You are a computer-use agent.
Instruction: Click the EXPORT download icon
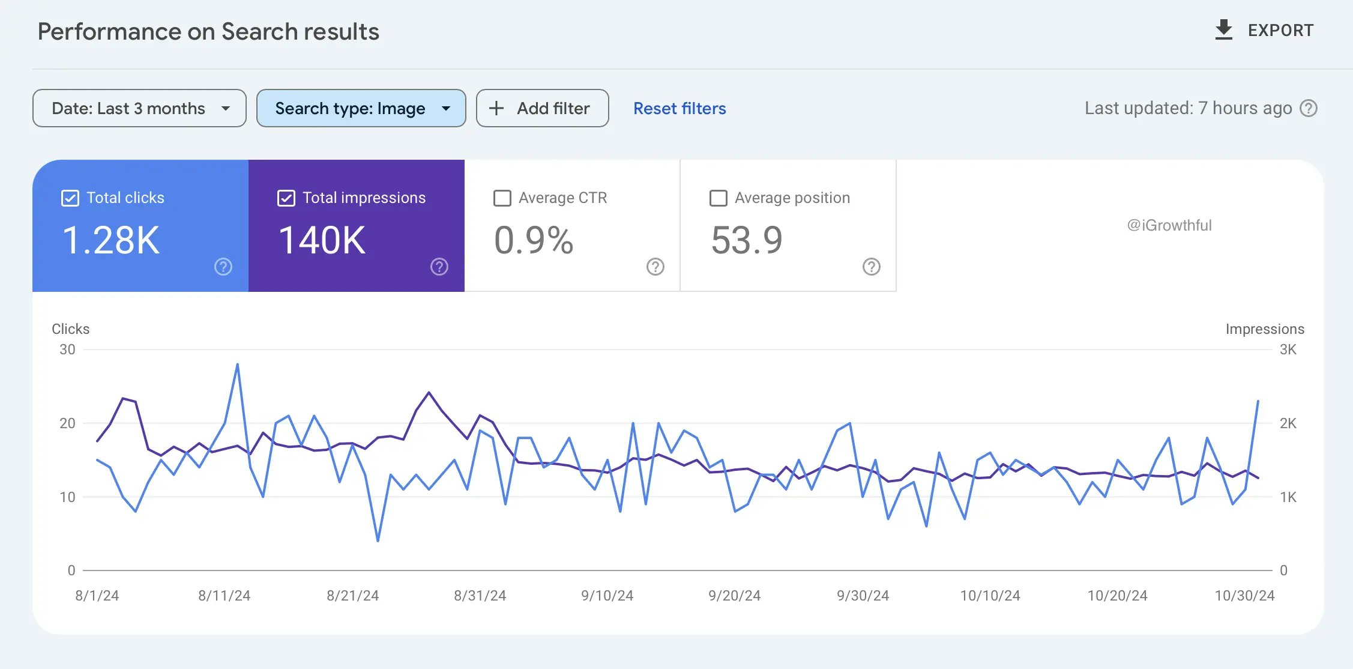coord(1223,30)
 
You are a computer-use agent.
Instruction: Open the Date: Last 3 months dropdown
coord(139,108)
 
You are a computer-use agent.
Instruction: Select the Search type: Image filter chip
coord(361,108)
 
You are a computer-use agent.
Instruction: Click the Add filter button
coord(542,108)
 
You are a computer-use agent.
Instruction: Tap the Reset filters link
coord(680,108)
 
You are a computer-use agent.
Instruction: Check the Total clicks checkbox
coord(70,198)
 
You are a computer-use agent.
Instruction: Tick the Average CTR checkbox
coord(502,198)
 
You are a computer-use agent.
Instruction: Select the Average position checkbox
coord(718,198)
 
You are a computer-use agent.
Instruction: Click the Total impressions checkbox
coord(286,198)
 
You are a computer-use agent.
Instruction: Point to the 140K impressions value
coord(322,240)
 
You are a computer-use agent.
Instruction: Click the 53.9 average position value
coord(747,240)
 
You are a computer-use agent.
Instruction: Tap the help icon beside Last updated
coord(1309,108)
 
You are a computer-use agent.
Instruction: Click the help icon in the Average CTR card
coord(655,267)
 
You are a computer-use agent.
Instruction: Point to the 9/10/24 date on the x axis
coord(607,596)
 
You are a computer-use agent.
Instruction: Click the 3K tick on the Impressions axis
coord(1288,350)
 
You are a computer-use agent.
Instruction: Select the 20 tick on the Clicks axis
coord(67,423)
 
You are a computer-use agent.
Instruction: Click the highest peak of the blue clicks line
coord(238,364)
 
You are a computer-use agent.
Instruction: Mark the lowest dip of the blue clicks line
coord(378,540)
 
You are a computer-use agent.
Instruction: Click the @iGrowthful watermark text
coord(1169,225)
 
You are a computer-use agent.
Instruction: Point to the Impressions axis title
coord(1265,329)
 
